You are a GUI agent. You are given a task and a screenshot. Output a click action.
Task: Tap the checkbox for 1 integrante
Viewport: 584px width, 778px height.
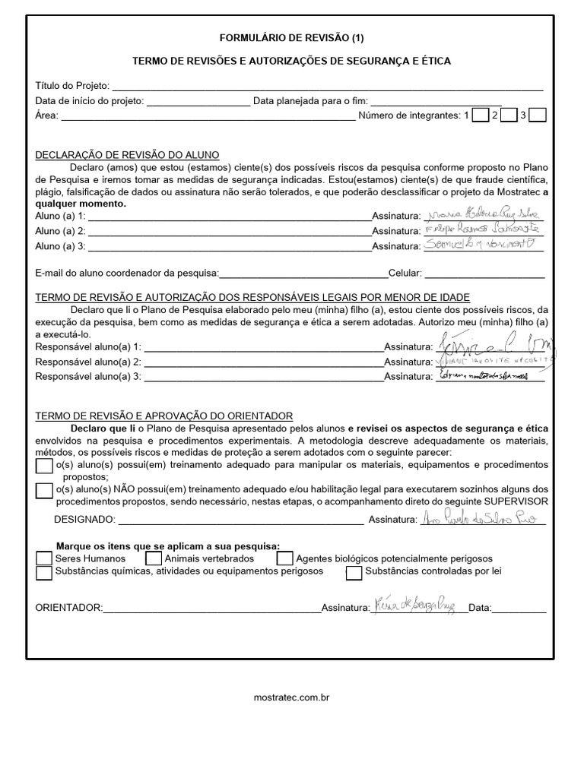coord(480,115)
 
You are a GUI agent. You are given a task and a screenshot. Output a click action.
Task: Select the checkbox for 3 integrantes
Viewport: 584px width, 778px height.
coord(537,115)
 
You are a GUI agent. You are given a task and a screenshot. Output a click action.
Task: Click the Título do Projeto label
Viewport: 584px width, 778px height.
coord(72,86)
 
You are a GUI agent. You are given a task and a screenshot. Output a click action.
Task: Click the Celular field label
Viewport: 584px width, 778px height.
coord(405,273)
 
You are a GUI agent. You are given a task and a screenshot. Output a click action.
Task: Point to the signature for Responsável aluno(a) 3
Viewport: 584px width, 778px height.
coord(487,375)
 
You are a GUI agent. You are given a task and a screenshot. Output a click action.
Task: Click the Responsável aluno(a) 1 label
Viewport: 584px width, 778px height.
coord(88,346)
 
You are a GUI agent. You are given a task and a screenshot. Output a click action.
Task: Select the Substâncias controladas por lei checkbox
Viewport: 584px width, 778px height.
coord(354,573)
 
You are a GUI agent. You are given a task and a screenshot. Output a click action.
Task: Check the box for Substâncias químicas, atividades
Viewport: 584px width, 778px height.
coord(44,573)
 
